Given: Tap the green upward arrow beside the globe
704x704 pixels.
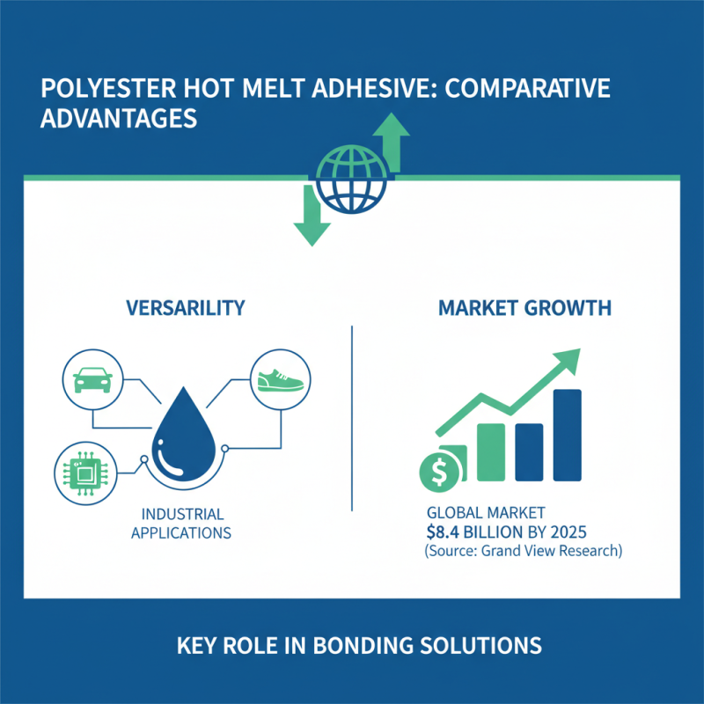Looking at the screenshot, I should pos(392,141).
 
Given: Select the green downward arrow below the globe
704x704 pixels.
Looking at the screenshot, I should pos(309,216).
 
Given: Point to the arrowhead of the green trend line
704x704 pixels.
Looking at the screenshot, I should pos(569,359).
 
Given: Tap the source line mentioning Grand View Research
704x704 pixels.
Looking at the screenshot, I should pos(523,552).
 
